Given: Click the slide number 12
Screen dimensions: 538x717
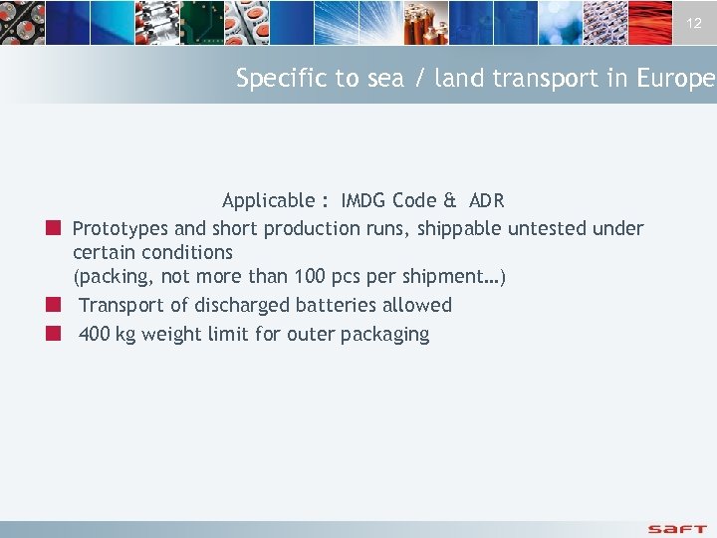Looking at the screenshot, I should click(694, 23).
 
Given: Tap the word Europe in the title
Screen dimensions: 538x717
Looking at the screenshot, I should click(676, 79).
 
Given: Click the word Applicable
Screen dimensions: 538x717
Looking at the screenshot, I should click(268, 200).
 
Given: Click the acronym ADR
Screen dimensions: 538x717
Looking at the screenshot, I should click(487, 200).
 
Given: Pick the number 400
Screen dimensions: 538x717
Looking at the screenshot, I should click(94, 334).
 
